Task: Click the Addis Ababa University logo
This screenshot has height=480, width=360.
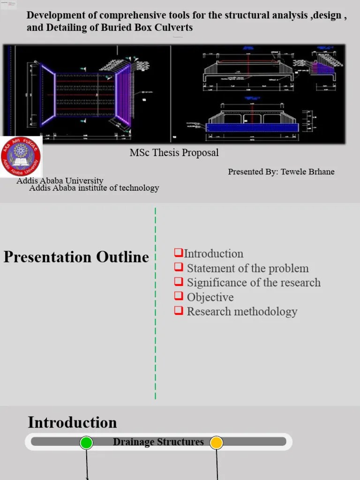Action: pyautogui.click(x=21, y=157)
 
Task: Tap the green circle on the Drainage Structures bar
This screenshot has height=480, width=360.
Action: pyautogui.click(x=86, y=442)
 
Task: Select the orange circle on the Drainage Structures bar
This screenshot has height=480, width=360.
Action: pyautogui.click(x=216, y=442)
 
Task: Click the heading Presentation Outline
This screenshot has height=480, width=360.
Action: pyautogui.click(x=76, y=257)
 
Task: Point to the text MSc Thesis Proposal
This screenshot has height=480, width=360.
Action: pyautogui.click(x=174, y=153)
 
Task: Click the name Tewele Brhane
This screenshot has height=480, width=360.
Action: pyautogui.click(x=307, y=172)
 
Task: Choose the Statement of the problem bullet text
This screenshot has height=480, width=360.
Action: pyautogui.click(x=247, y=269)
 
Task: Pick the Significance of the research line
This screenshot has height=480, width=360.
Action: pyautogui.click(x=254, y=283)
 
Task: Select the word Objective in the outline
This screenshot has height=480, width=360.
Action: pyautogui.click(x=210, y=297)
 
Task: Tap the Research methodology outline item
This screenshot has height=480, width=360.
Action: pyautogui.click(x=242, y=312)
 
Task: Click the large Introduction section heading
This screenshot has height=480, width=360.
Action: pyautogui.click(x=72, y=422)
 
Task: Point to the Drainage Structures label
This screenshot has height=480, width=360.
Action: pyautogui.click(x=158, y=442)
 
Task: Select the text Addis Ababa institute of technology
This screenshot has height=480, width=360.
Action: pyautogui.click(x=94, y=188)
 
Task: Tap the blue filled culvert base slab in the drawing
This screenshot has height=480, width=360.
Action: pyautogui.click(x=252, y=127)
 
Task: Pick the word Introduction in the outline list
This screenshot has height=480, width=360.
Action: pyautogui.click(x=214, y=254)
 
